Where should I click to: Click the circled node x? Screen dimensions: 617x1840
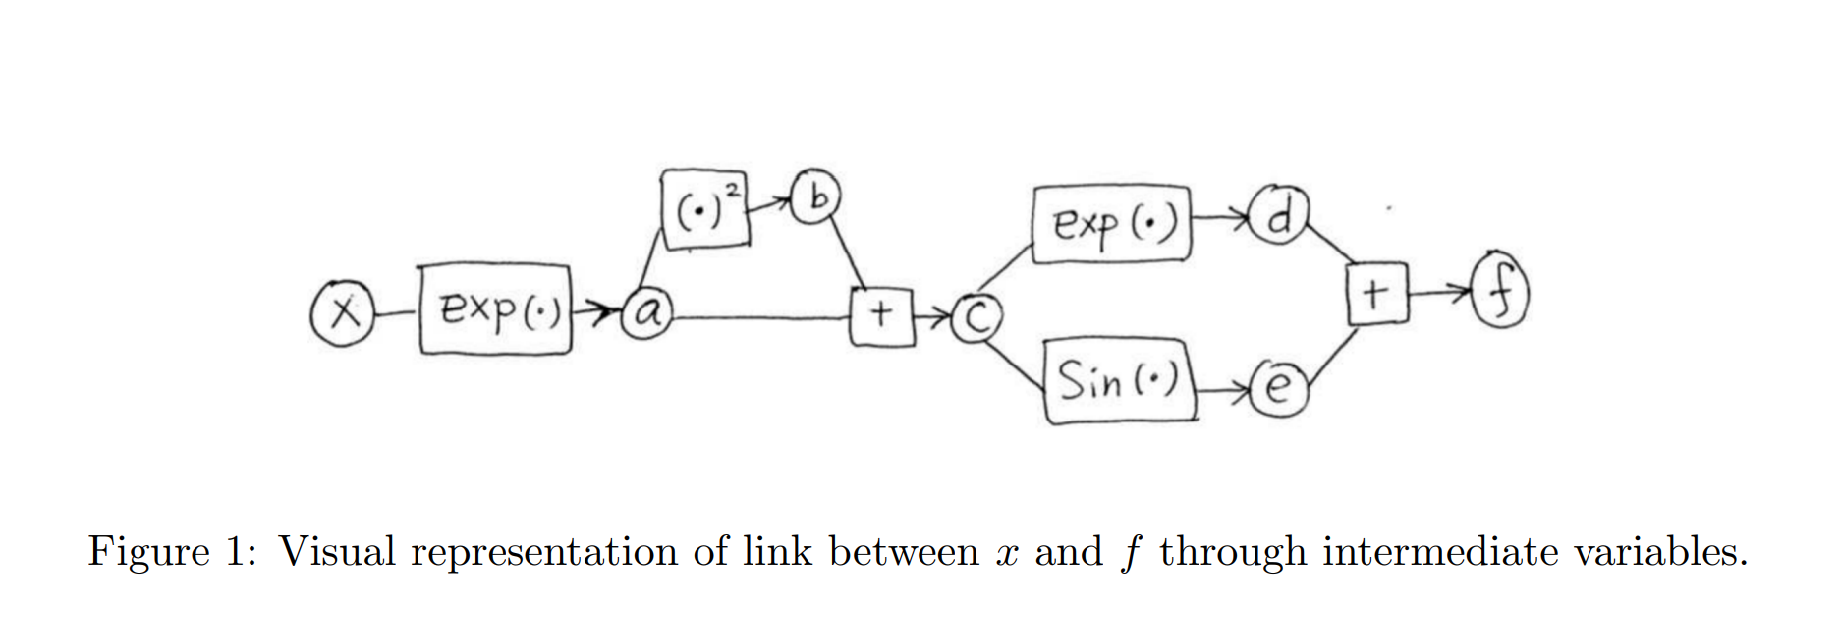point(341,312)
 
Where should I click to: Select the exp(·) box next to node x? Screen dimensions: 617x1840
point(495,309)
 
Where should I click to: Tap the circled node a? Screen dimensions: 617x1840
point(647,312)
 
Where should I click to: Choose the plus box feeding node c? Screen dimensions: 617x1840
point(881,315)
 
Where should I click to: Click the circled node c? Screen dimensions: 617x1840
point(976,317)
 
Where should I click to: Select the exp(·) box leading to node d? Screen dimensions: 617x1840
point(1111,225)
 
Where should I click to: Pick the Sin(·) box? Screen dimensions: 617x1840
point(1119,380)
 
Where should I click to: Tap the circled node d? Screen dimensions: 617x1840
point(1276,216)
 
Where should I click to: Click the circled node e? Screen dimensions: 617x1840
point(1277,389)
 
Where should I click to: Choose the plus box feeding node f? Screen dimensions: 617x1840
point(1376,294)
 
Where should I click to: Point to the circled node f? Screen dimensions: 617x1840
point(1499,291)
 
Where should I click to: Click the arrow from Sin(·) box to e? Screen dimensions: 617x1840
point(1224,392)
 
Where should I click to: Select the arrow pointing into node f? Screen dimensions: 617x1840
point(1440,292)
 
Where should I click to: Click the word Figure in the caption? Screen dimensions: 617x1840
point(148,552)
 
